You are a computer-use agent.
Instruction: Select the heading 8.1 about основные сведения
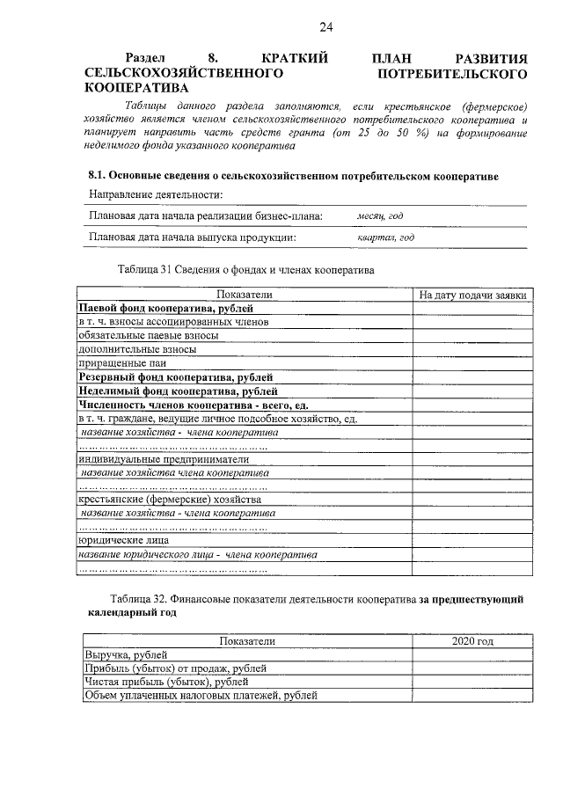coord(293,176)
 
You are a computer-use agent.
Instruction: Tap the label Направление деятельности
coord(156,194)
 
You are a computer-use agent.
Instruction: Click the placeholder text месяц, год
coord(380,215)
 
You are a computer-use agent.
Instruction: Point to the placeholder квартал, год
coord(385,237)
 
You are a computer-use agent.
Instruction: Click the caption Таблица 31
coord(245,269)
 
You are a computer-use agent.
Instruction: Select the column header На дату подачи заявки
coord(472,296)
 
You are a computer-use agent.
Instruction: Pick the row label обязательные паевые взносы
coord(148,335)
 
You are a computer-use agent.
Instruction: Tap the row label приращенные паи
coord(122,361)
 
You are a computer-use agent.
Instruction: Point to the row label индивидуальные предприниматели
coord(164,458)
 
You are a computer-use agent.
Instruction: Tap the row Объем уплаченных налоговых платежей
coord(201,695)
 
